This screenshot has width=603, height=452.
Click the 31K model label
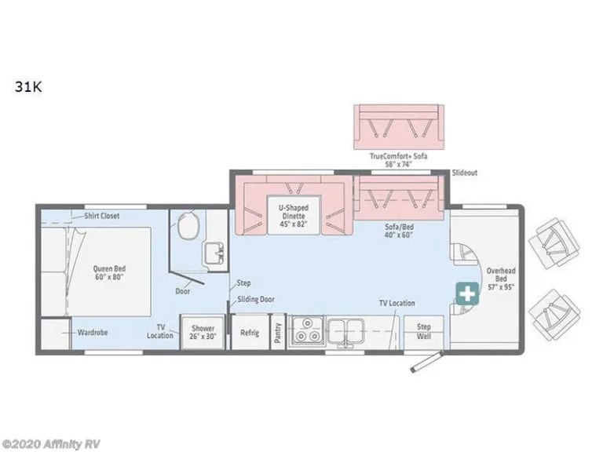(x=28, y=87)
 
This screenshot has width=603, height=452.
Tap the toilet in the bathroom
(x=188, y=226)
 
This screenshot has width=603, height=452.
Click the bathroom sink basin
(x=214, y=253)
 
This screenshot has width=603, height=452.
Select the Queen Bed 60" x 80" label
(x=109, y=273)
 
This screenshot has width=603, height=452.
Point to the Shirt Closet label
(x=102, y=216)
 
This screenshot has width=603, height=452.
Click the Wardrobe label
(x=93, y=333)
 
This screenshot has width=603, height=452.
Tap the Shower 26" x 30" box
(x=203, y=332)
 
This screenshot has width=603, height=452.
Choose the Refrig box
(x=250, y=332)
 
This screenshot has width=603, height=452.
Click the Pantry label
(x=278, y=333)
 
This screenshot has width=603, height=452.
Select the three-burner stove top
(x=307, y=332)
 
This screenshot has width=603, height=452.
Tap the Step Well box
(x=423, y=332)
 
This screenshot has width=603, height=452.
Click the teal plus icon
(x=468, y=294)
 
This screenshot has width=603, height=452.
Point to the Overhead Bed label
(x=501, y=279)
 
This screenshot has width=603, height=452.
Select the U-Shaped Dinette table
(x=294, y=215)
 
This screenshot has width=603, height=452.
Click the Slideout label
(x=465, y=173)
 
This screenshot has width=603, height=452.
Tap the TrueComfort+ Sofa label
(x=398, y=160)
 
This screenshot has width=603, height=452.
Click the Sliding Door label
(x=256, y=299)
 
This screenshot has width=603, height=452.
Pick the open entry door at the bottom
(x=426, y=362)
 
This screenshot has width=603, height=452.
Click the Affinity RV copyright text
(x=50, y=444)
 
